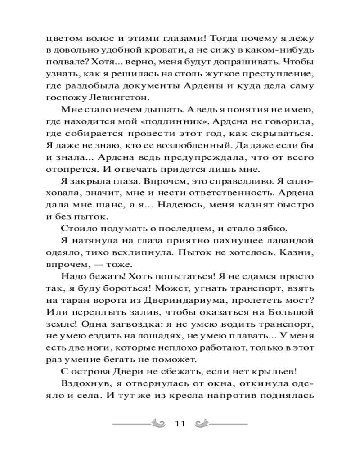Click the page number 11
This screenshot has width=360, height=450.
(x=180, y=424)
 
